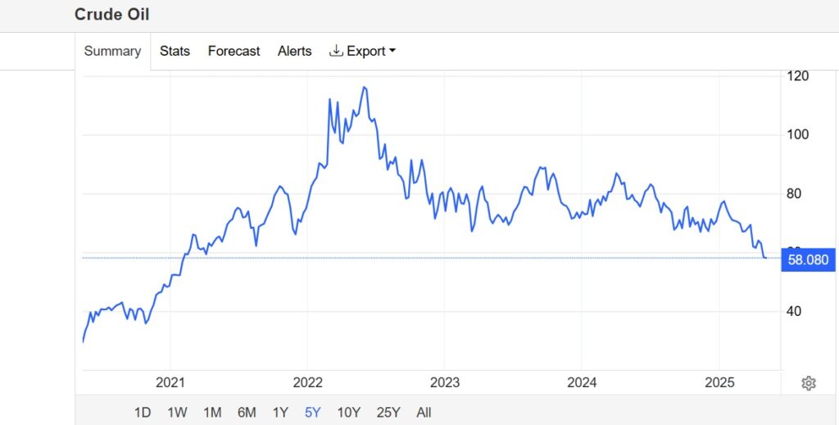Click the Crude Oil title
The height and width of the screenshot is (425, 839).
[x=111, y=15]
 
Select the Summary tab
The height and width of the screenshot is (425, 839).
[x=112, y=51]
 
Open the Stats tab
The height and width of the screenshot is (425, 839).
[x=175, y=51]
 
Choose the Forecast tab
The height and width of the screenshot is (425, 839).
[x=234, y=51]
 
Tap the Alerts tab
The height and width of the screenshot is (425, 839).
[x=294, y=51]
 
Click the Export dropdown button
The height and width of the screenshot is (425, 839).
[x=362, y=51]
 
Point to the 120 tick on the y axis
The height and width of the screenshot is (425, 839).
[x=797, y=76]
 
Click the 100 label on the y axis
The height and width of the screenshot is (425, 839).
[x=797, y=135]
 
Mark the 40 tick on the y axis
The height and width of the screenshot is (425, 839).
[x=794, y=311]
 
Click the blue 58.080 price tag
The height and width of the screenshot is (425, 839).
[x=808, y=261]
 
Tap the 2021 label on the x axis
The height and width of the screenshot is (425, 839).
[x=170, y=382]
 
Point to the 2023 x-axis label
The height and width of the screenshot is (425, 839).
[x=444, y=382]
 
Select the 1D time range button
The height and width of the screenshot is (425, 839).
[x=143, y=412]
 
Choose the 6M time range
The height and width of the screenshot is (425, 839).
[x=247, y=412]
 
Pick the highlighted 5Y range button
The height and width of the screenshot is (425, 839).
[x=312, y=412]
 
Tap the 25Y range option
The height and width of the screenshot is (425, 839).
[x=388, y=412]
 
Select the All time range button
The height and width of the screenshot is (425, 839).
[x=424, y=412]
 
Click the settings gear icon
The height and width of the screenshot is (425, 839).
[x=809, y=383]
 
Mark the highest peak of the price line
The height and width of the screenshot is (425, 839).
[x=365, y=87]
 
